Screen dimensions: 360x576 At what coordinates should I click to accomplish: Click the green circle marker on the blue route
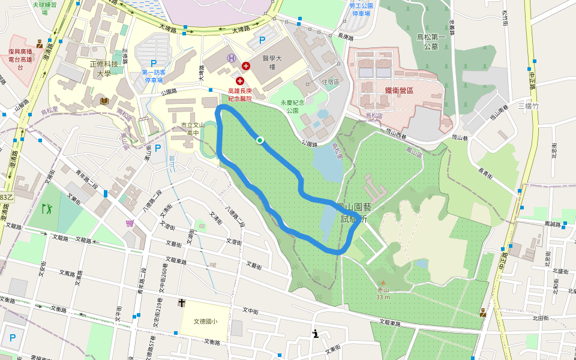point(260,140)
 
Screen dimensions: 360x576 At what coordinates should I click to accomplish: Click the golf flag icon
point(47,209)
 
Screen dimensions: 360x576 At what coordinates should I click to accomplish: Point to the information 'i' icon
point(315,334)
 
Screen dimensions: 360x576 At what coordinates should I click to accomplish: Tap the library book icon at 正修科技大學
point(106,101)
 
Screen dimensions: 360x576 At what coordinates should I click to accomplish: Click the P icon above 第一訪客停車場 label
point(154,63)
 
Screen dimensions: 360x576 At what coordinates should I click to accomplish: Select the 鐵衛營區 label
point(399,90)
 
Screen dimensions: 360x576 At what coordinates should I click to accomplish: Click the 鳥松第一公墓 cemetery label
point(431,41)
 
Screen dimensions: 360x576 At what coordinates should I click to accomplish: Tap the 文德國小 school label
point(205,321)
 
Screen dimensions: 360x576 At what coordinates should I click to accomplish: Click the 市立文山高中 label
point(193,128)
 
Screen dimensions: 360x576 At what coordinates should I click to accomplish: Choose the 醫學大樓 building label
point(272,63)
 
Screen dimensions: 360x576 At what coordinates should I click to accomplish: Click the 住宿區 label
point(331,82)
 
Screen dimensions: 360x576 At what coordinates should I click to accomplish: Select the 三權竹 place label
point(529,106)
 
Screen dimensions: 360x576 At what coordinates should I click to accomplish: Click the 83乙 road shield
point(6,197)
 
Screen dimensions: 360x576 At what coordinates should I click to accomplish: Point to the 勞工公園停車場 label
point(361,9)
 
